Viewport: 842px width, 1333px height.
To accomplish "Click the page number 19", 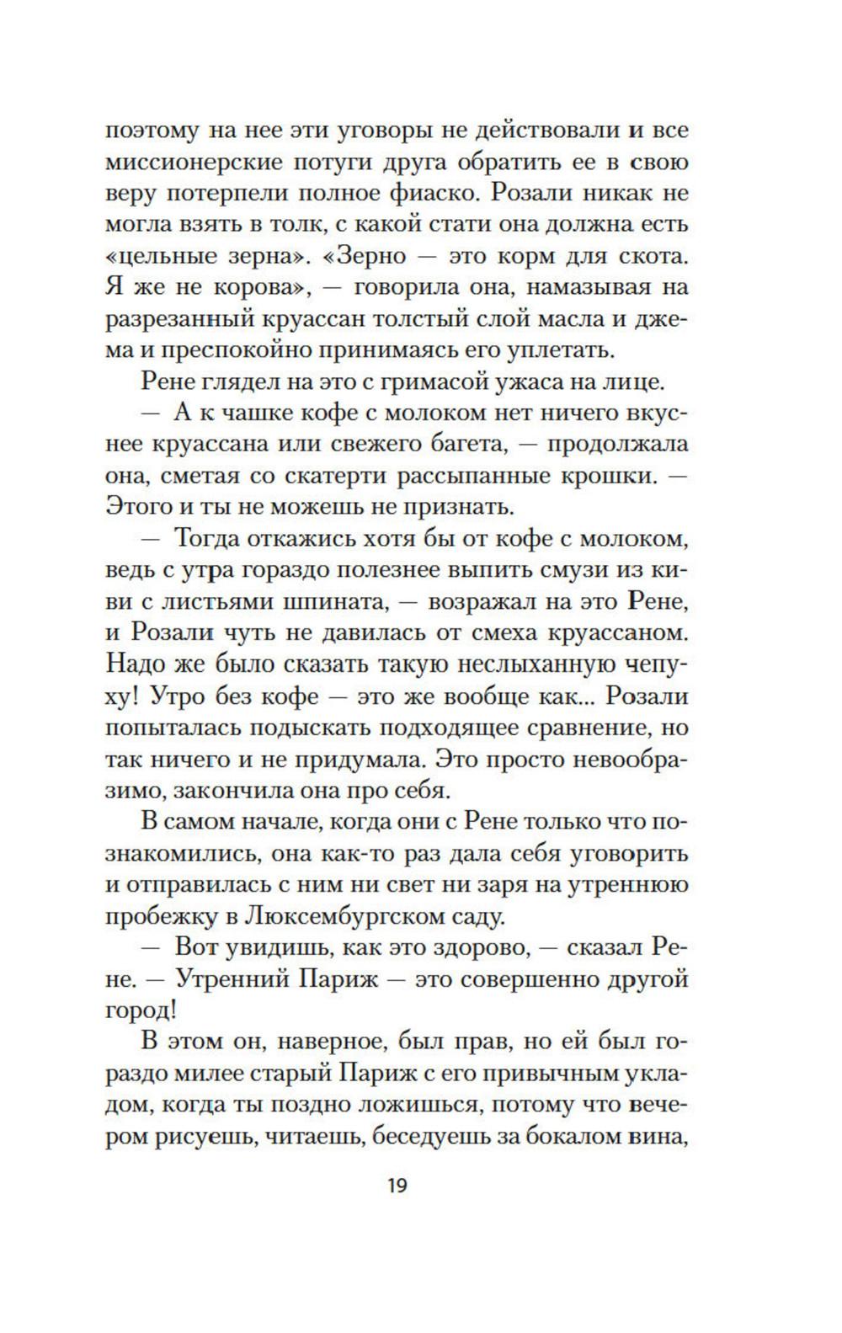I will (x=397, y=1186).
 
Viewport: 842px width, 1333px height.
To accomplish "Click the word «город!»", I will (x=142, y=1010).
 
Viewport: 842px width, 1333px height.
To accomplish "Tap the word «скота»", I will (x=650, y=255).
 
